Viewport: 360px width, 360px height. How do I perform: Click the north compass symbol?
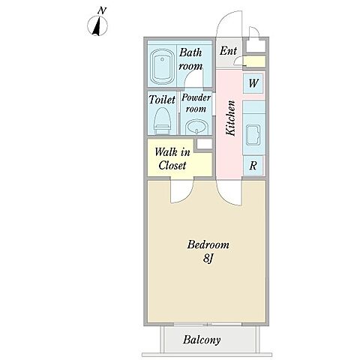[97, 25]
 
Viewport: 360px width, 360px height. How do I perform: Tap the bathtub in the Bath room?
[162, 67]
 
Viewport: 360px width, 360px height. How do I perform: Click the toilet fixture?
[163, 121]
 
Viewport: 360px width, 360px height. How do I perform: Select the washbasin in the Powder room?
[197, 127]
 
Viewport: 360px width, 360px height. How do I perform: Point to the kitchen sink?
[253, 135]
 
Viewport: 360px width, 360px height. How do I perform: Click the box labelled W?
[253, 83]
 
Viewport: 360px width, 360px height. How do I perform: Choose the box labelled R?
[253, 165]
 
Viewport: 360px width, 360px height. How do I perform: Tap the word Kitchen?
[230, 118]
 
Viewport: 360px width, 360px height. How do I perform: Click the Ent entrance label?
[228, 51]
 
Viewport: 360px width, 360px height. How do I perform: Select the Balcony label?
[202, 340]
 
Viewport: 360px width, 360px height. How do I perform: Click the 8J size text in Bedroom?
[208, 259]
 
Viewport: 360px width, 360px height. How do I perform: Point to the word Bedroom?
[208, 244]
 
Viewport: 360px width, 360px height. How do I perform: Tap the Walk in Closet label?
[172, 159]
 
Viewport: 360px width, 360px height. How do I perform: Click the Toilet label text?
[162, 100]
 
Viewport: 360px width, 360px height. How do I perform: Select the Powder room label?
[196, 103]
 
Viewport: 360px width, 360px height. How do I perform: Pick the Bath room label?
[190, 59]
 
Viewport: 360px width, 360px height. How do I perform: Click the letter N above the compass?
[102, 10]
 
